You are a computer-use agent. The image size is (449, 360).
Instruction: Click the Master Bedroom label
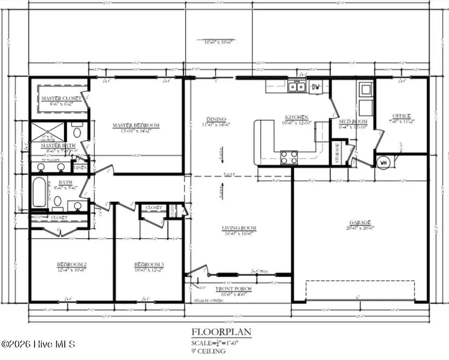coord(136,125)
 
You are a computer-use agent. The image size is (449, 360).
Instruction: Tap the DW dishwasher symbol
coord(315,87)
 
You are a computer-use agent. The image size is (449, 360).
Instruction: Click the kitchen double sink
coord(297,87)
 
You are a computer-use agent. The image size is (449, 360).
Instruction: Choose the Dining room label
coord(217,118)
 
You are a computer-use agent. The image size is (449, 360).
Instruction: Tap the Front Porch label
coord(233,289)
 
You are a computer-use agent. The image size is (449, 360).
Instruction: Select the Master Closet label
coord(62,98)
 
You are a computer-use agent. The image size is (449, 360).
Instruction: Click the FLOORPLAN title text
coord(221,332)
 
